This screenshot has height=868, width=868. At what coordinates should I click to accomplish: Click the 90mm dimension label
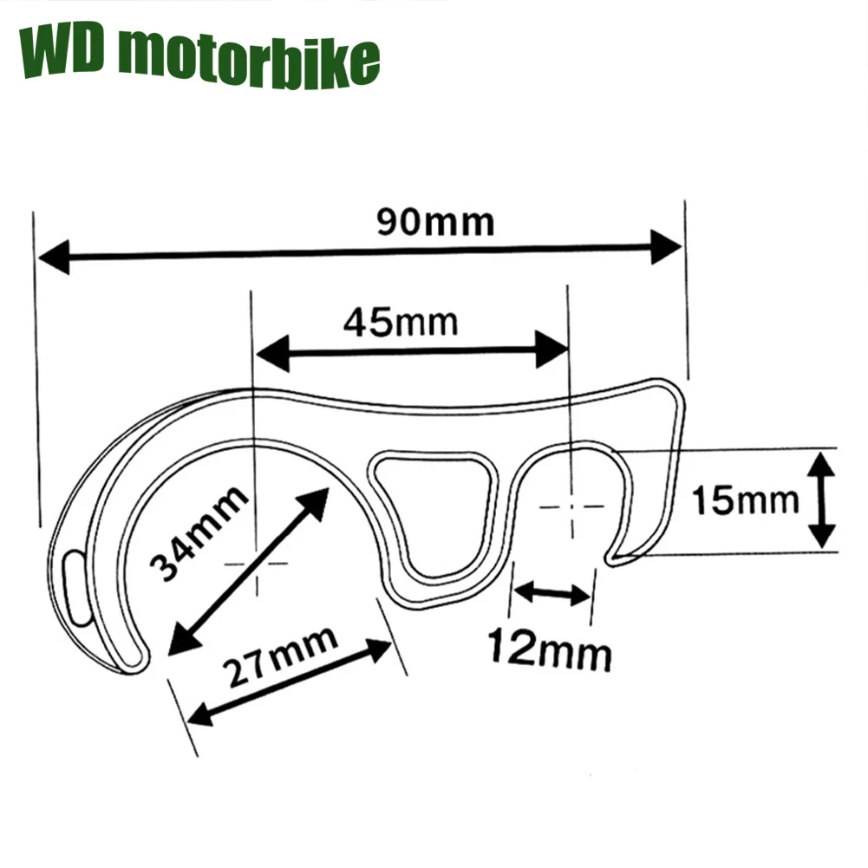coord(435,223)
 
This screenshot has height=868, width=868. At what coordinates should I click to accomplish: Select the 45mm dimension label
coord(400,323)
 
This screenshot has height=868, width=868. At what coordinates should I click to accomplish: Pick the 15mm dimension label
coord(745,500)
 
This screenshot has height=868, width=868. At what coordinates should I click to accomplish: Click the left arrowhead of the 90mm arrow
coord(54,258)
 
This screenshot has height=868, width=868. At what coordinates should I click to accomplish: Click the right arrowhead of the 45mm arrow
coord(551,349)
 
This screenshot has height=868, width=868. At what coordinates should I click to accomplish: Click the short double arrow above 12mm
coord(552,594)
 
